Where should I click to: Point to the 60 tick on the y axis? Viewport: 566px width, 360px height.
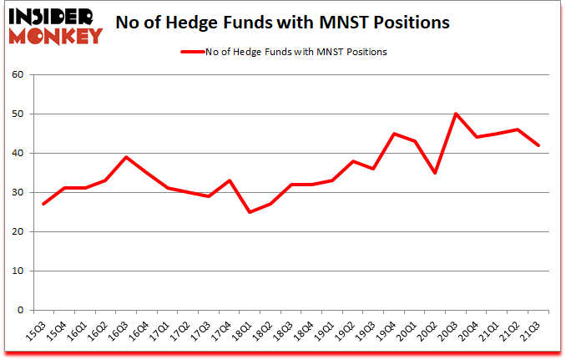18,75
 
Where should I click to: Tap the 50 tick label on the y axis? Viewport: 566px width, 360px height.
18,114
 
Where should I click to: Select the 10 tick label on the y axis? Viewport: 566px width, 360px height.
18,271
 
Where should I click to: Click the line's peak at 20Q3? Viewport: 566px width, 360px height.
457,114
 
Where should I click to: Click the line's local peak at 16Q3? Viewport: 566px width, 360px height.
126,157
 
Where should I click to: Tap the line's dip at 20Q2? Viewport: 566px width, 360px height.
436,173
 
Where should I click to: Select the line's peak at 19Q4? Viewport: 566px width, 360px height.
395,134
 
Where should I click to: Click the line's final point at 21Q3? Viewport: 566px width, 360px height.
539,145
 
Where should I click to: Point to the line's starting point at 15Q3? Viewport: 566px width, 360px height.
43,204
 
